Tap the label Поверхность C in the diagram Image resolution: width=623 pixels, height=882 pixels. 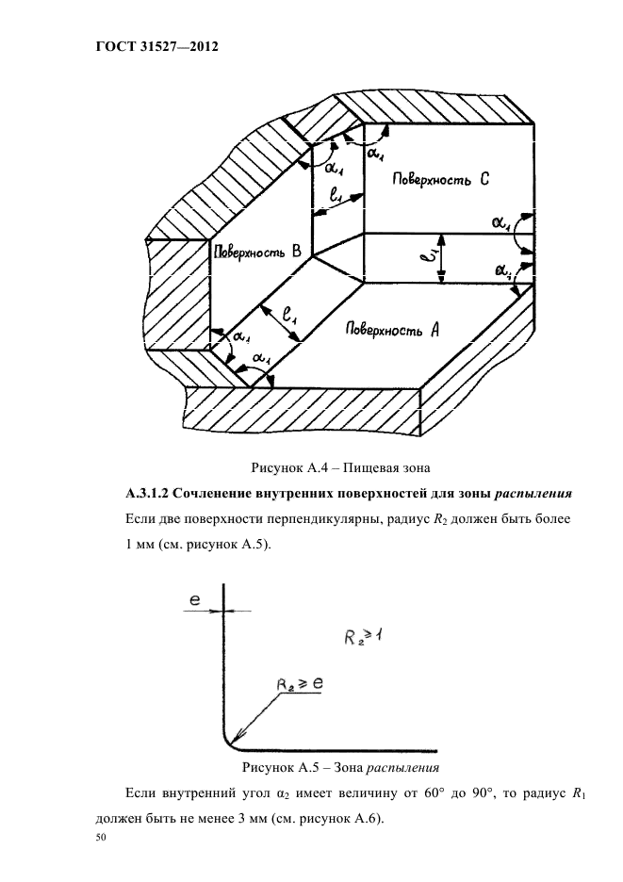click(x=426, y=180)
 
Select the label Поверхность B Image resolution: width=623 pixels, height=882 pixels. click(x=256, y=252)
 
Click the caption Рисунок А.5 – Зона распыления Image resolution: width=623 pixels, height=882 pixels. click(x=340, y=766)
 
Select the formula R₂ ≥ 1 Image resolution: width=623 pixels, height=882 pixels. click(x=361, y=640)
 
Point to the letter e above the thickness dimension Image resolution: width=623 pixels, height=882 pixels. click(x=194, y=599)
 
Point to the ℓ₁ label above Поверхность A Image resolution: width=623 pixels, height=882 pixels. click(x=289, y=316)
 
